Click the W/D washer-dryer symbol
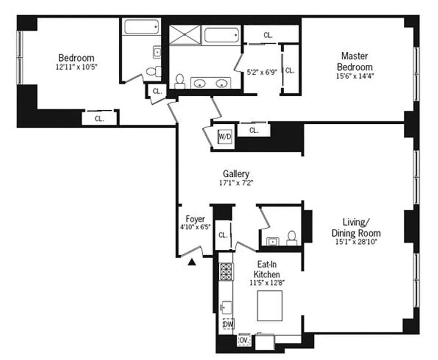pyautogui.click(x=225, y=136)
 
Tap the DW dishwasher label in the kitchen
pyautogui.click(x=228, y=324)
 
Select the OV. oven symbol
pyautogui.click(x=244, y=340)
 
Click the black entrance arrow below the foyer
pyautogui.click(x=191, y=262)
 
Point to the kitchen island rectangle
pyautogui.click(x=270, y=306)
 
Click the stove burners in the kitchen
pyautogui.click(x=226, y=271)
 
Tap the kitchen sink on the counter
pyautogui.click(x=226, y=307)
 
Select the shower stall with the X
pyautogui.click(x=185, y=35)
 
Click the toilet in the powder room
pyautogui.click(x=292, y=238)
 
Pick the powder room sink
pyautogui.click(x=272, y=241)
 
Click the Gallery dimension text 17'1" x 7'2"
pyautogui.click(x=236, y=183)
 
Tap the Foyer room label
pyautogui.click(x=195, y=219)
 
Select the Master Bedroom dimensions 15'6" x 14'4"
pyautogui.click(x=355, y=76)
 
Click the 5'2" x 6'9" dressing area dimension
pyautogui.click(x=262, y=72)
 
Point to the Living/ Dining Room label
pyautogui.click(x=356, y=228)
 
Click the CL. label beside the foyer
pyautogui.click(x=223, y=235)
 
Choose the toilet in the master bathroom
pyautogui.click(x=180, y=81)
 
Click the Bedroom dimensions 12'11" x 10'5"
pyautogui.click(x=76, y=67)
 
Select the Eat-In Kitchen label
pyautogui.click(x=266, y=269)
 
